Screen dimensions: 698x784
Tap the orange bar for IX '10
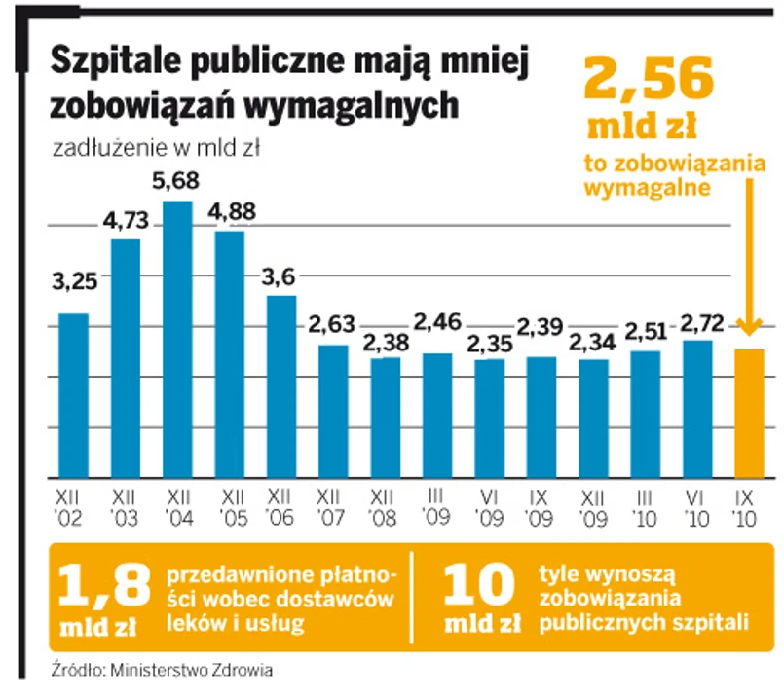coord(748,413)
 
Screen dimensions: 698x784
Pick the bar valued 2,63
coord(333,411)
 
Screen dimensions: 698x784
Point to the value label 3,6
coord(280,276)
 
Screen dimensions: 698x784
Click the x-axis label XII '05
coord(230,503)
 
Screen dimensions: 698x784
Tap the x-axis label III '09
coord(437,503)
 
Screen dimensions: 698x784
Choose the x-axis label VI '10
coord(696,503)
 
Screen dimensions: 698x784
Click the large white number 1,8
coord(104,586)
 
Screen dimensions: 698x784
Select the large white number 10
coord(478,586)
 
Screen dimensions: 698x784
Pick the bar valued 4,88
coord(230,354)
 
